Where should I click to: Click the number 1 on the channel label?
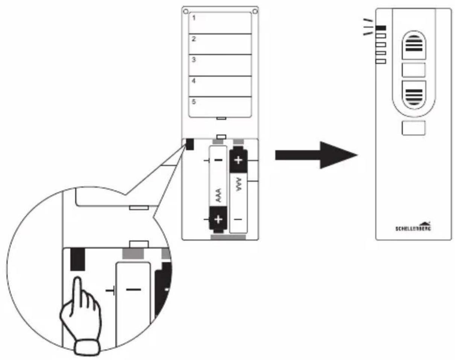tap(194, 18)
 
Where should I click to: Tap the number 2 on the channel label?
tap(194, 39)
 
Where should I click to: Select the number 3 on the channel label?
tap(194, 60)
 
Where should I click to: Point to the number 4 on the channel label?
tap(194, 81)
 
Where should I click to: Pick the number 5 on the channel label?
tap(194, 102)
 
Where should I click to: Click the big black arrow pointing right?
tap(316, 155)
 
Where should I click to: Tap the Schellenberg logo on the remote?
tap(413, 226)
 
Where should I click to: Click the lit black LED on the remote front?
tap(381, 28)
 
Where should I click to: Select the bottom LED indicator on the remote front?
tap(381, 62)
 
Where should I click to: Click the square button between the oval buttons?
tap(413, 70)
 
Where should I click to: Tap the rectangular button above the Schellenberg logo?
tap(413, 128)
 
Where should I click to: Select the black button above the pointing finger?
tap(77, 259)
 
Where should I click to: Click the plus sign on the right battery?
tap(238, 160)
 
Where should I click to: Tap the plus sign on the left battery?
tap(218, 220)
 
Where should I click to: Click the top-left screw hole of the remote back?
tap(186, 11)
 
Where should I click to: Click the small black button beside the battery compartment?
tap(190, 144)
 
